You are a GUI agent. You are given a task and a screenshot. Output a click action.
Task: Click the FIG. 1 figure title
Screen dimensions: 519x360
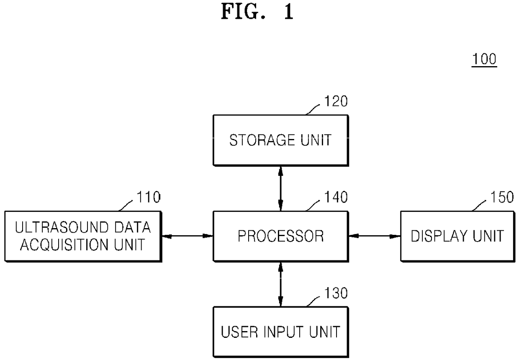coord(257,12)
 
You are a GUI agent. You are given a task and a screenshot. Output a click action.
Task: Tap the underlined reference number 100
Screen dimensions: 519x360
coord(484,59)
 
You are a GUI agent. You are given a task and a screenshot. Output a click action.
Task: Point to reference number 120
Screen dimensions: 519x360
coord(336,101)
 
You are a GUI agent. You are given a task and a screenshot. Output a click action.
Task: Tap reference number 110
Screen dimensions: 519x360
coord(149,197)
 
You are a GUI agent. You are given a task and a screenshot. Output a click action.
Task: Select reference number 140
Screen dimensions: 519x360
coord(336,197)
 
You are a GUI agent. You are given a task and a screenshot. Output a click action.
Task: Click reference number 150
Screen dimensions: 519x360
coord(502,197)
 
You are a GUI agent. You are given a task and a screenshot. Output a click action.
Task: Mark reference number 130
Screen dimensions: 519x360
coord(336,293)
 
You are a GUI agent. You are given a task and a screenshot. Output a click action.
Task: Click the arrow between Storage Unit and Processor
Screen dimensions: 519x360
coord(280,188)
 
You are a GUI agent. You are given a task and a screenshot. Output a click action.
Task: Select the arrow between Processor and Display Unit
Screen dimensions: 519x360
coord(375,236)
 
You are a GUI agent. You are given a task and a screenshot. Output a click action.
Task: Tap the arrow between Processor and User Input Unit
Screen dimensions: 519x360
coord(280,285)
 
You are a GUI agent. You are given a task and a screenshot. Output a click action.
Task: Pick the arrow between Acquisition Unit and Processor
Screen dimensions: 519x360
coord(188,236)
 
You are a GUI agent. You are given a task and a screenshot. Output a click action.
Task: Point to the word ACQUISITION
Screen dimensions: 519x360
coord(64,245)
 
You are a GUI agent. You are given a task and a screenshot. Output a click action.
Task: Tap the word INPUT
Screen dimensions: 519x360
coord(283,332)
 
